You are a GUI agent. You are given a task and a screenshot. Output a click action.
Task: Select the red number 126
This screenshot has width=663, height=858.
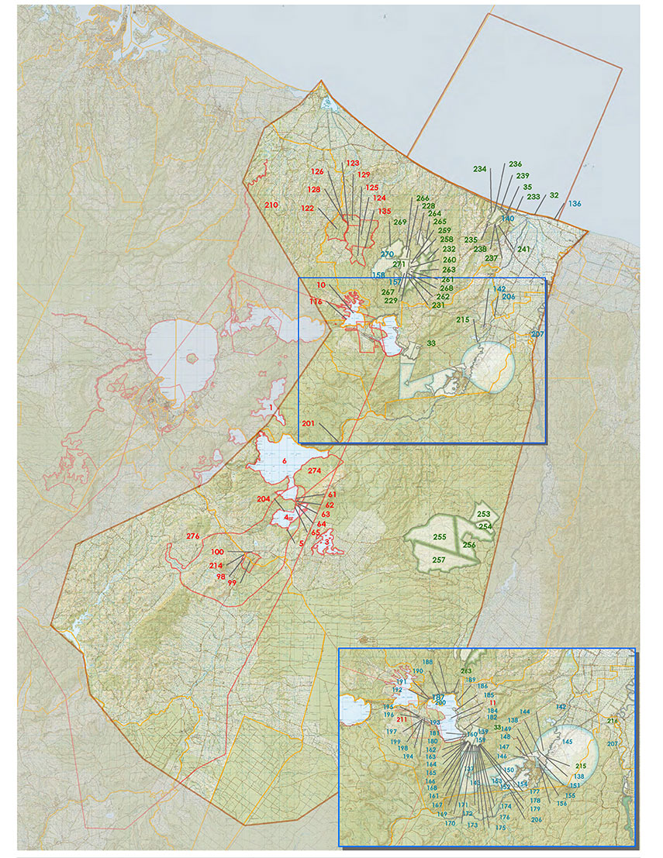tap(316, 171)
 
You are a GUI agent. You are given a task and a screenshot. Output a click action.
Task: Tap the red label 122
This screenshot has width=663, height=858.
tap(307, 208)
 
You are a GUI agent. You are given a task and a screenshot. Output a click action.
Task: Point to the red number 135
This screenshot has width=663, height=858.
tap(384, 211)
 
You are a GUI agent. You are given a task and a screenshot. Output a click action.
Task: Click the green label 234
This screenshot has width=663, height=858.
tap(480, 169)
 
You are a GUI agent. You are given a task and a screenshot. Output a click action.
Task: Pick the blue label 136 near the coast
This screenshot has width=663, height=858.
tap(574, 204)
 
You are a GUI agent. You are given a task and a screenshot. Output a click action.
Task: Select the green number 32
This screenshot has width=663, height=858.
tap(554, 196)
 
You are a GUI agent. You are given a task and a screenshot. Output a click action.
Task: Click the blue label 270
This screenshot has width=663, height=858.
tap(387, 253)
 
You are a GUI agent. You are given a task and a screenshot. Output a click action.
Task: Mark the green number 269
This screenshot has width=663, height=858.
tap(399, 222)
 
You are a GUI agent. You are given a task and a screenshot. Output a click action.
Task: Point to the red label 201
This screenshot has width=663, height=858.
tap(308, 423)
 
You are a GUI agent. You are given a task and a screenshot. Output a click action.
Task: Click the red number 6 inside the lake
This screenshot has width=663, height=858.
tap(285, 461)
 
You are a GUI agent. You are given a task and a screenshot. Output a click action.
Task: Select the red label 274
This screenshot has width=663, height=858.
tap(314, 471)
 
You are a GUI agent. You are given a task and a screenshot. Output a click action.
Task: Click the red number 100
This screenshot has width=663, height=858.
tap(217, 551)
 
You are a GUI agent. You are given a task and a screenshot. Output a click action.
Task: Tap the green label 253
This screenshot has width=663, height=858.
tap(483, 515)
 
